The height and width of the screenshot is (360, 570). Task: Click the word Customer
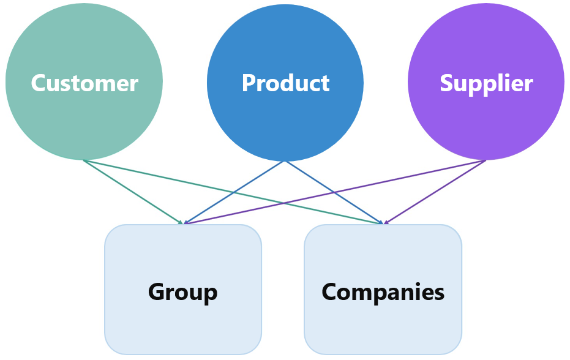84,83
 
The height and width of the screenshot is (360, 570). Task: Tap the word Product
285,83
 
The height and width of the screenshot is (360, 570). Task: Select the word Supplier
486,83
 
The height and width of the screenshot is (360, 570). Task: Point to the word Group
182,292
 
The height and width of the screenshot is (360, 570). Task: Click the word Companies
383,292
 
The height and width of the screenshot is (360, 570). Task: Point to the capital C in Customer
40,83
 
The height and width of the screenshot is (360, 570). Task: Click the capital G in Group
157,292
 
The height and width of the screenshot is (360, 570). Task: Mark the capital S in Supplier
447,83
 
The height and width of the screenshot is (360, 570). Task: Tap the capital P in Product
249,83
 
